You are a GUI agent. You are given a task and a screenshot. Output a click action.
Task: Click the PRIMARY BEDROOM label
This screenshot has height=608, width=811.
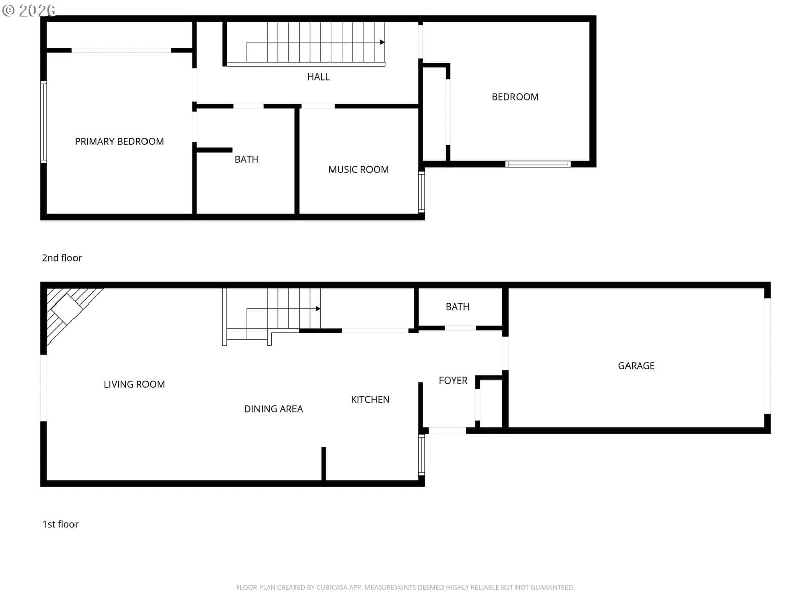[119, 141]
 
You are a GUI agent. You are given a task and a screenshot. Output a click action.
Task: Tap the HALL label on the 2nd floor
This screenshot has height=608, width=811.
[318, 77]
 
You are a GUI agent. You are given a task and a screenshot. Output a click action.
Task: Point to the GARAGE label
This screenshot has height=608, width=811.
[636, 366]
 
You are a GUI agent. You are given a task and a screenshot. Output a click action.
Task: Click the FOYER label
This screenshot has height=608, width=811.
[453, 381]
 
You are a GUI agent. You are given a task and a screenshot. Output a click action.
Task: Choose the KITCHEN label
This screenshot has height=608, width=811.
[370, 399]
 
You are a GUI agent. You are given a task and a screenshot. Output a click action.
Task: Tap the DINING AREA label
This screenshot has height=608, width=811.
[273, 409]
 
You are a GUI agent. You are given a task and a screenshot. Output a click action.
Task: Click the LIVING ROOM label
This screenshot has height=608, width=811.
[134, 384]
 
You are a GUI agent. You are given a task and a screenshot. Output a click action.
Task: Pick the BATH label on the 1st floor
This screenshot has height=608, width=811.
[457, 307]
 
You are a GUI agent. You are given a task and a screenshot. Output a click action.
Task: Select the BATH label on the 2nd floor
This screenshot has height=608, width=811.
[246, 159]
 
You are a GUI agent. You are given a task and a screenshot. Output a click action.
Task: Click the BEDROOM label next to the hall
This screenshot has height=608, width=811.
[514, 97]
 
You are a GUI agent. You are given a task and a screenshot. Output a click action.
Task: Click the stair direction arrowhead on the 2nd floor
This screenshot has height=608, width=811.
[382, 42]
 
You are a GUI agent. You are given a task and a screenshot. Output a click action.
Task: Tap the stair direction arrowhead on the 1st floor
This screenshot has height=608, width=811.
[318, 308]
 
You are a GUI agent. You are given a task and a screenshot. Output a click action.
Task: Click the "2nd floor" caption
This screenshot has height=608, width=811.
[62, 258]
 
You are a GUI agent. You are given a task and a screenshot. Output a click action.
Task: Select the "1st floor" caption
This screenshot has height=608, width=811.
[60, 524]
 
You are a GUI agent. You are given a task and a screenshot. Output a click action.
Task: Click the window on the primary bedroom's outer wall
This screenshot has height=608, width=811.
[43, 122]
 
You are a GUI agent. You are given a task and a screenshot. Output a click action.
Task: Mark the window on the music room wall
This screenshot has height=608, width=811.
[421, 192]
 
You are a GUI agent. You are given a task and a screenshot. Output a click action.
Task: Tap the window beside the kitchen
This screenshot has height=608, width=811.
[421, 454]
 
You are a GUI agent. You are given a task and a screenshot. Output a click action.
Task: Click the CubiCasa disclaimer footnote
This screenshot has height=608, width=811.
[405, 587]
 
